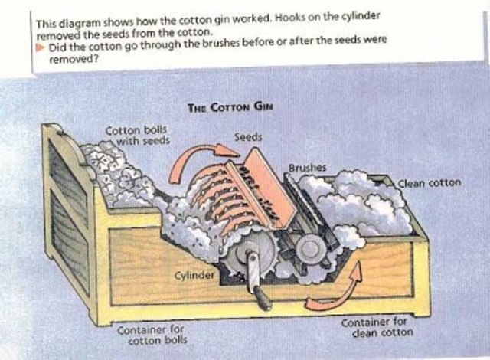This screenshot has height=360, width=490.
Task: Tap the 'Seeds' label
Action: [x=247, y=137]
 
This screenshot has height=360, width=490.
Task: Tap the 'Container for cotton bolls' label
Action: [x=152, y=334]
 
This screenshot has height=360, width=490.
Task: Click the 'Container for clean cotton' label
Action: [x=375, y=329]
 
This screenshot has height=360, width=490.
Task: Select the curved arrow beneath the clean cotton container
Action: [x=338, y=290]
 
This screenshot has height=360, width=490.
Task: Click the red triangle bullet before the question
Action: [x=41, y=48]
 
